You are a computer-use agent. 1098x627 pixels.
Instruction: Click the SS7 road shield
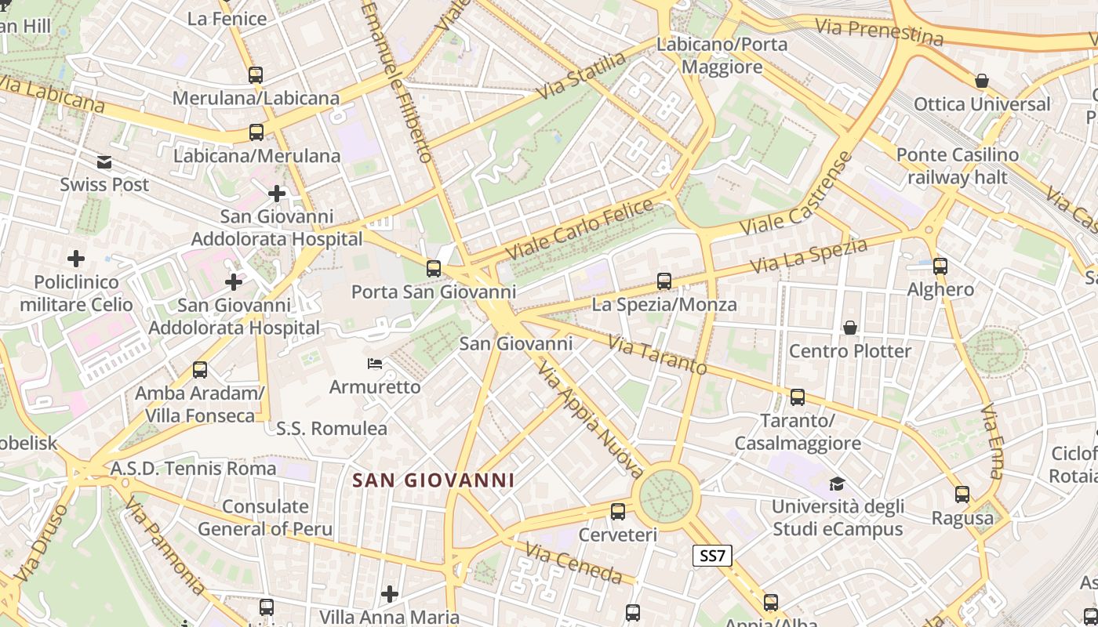point(713,556)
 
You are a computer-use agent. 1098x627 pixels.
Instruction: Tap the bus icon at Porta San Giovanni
point(434,269)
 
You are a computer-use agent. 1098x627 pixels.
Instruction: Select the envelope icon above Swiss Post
point(104,162)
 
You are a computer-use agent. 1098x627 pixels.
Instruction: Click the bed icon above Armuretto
point(375,364)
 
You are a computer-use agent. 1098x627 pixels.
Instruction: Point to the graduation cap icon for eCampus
point(838,484)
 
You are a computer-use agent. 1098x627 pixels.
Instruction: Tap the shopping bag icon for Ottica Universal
point(981,81)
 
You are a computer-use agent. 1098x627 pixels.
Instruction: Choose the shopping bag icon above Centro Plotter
point(850,327)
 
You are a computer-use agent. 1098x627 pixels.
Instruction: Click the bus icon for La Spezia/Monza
point(664,281)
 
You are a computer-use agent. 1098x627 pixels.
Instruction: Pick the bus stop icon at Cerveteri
point(618,512)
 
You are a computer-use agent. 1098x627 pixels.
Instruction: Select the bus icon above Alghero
point(940,266)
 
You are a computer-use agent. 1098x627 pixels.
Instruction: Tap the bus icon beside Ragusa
point(962,495)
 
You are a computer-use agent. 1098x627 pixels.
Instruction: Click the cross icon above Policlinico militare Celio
point(76,258)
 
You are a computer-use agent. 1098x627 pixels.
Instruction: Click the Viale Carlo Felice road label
point(580,230)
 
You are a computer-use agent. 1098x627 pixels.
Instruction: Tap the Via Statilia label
point(582,76)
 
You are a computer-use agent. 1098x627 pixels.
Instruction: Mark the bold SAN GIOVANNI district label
point(433,480)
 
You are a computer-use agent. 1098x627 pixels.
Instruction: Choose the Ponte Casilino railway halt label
point(957,166)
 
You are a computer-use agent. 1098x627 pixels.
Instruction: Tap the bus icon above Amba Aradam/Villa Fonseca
point(200,369)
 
